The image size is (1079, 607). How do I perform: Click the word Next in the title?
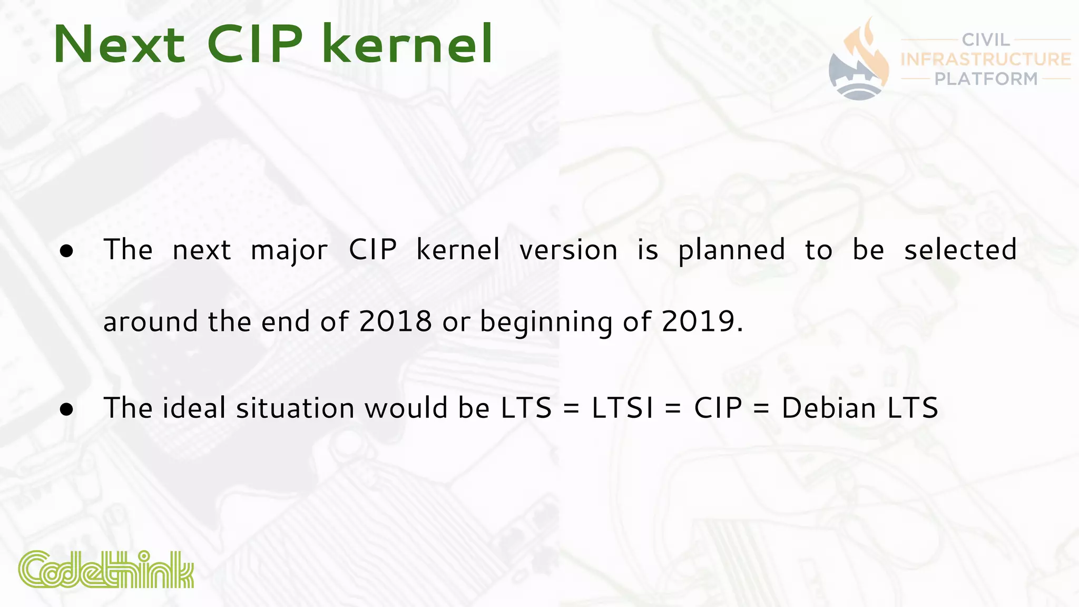119,45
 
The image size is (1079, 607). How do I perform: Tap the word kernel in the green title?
407,45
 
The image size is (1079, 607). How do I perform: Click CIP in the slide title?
255,45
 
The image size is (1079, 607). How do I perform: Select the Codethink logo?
106,570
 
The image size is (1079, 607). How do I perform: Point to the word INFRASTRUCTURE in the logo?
986,59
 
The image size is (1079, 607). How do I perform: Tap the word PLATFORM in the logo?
986,79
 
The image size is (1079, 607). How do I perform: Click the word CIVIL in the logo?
986,40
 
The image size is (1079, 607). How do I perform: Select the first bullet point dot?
67,251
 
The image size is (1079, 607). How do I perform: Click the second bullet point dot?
67,409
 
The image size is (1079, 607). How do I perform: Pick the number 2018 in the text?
395,321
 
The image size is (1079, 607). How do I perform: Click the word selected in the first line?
960,250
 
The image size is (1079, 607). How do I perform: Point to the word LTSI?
622,408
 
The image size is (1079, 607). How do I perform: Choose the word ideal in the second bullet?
194,408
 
